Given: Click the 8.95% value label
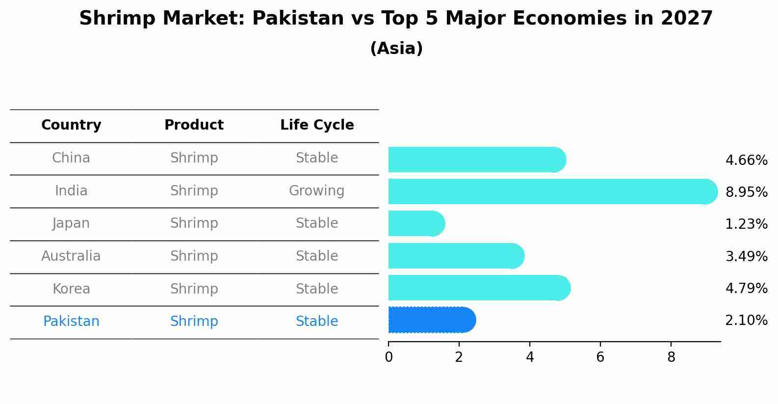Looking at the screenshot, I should click(x=746, y=192).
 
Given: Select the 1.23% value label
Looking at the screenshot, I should click(x=746, y=224).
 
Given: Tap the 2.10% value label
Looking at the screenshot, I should click(x=746, y=321).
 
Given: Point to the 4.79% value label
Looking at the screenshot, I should click(x=746, y=288).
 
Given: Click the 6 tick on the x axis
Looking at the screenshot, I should click(x=600, y=357).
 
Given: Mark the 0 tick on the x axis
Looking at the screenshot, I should click(x=389, y=357).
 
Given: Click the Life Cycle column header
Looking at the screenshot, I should click(x=317, y=125).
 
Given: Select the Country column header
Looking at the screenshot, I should click(x=71, y=125).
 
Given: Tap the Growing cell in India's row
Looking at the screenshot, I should click(x=317, y=190).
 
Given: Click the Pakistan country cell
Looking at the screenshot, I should click(x=71, y=322).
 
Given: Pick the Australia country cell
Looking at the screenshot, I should click(x=71, y=256).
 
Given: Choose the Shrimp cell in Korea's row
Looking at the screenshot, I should click(x=194, y=289).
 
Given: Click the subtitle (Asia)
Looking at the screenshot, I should click(x=396, y=49).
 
